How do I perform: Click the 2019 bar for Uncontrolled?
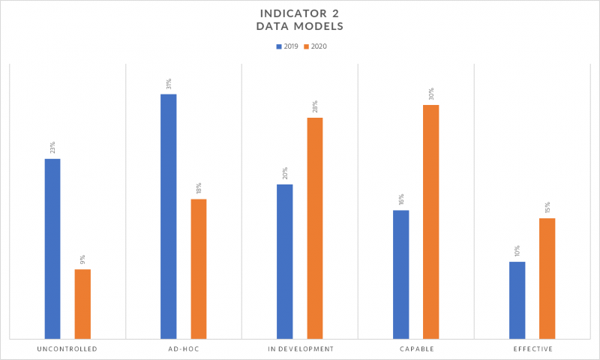pyautogui.click(x=52, y=248)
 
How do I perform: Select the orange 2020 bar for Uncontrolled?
pyautogui.click(x=82, y=304)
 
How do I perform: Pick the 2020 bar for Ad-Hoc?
pyautogui.click(x=199, y=268)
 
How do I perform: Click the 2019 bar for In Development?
pyautogui.click(x=285, y=261)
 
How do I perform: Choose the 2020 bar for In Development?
pyautogui.click(x=315, y=228)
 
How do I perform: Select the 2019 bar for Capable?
pyautogui.click(x=401, y=274)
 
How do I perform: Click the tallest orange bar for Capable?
pyautogui.click(x=430, y=221)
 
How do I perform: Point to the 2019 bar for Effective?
pyautogui.click(x=517, y=300)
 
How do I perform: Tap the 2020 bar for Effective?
pyautogui.click(x=547, y=278)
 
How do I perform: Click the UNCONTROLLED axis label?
pyautogui.click(x=67, y=349)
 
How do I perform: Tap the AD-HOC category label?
pyautogui.click(x=183, y=349)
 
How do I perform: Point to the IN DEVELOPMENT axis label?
pyautogui.click(x=300, y=349)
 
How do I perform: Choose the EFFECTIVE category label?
pyautogui.click(x=532, y=349)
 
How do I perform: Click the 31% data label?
pyautogui.click(x=169, y=83)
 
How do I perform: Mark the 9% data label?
pyautogui.click(x=82, y=259)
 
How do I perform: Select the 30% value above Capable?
pyautogui.click(x=431, y=94)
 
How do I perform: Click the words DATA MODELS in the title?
pyautogui.click(x=300, y=27)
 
